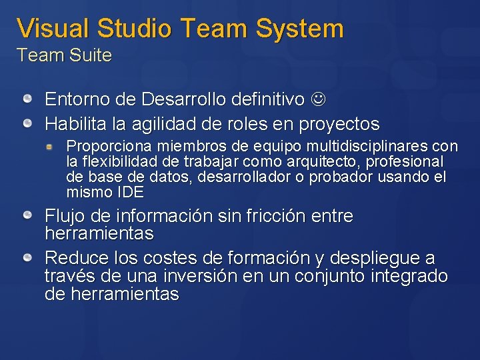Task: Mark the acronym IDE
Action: (x=130, y=193)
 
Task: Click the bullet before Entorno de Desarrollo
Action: (x=28, y=100)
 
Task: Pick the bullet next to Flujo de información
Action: (x=28, y=215)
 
